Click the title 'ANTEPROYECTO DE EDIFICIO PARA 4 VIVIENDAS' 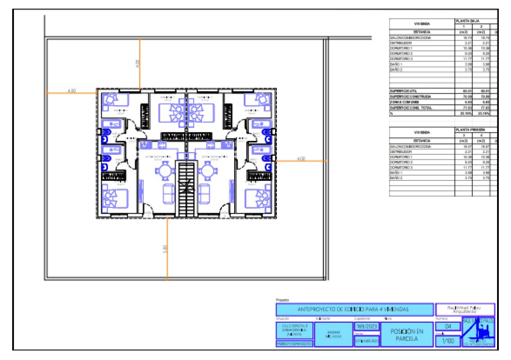(353, 310)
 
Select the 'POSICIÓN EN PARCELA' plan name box (407, 335)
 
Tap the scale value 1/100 (448, 342)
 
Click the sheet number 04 (448, 327)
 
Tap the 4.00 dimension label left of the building (71, 91)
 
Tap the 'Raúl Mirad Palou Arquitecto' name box (465, 310)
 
